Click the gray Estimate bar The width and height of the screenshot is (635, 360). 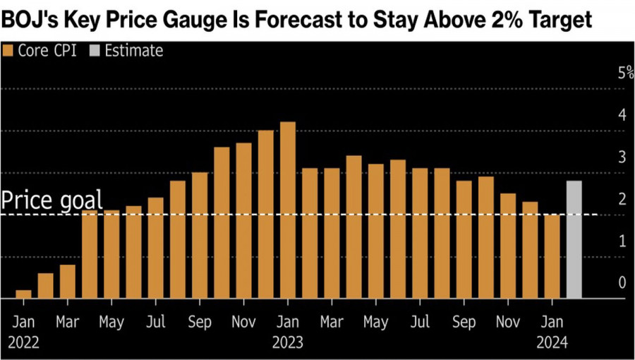(574, 240)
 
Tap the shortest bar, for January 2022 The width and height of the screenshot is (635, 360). (23, 294)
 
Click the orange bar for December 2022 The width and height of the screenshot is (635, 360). (266, 215)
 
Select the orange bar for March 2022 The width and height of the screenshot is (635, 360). (68, 282)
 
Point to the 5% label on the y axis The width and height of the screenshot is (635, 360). (622, 73)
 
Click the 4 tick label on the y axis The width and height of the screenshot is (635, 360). (622, 115)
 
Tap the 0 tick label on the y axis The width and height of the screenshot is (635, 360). (622, 282)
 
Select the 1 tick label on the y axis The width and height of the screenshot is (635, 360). (622, 241)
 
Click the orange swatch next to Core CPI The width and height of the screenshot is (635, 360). (8, 51)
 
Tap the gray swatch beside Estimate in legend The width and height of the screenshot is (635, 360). (97, 51)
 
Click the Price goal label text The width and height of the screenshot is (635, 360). (52, 200)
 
